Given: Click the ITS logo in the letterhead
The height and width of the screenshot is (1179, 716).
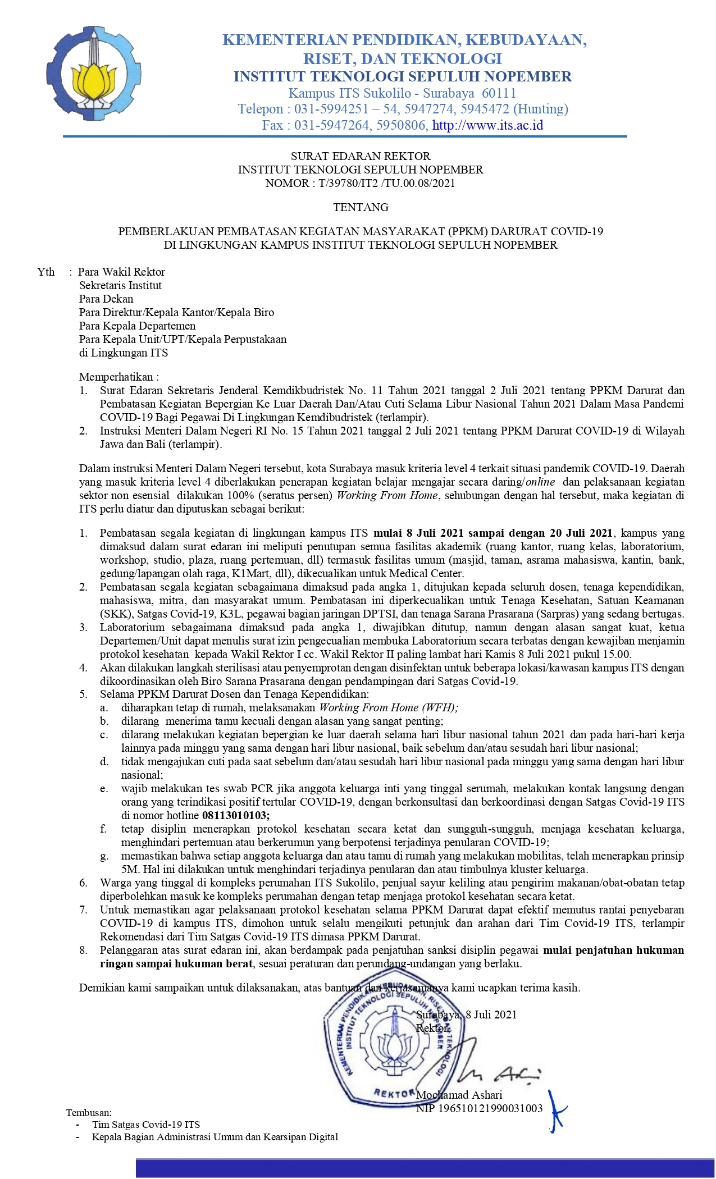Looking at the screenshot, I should tap(94, 74).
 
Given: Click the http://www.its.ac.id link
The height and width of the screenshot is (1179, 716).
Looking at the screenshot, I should tap(487, 125).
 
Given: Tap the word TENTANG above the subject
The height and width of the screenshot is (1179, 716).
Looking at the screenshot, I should tap(361, 207).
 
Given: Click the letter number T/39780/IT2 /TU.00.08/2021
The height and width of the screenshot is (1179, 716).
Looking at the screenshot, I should tap(386, 183).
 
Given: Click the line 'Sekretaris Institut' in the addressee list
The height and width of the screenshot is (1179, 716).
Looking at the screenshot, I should tap(120, 285).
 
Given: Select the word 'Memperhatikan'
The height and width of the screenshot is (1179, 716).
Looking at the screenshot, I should tap(116, 377).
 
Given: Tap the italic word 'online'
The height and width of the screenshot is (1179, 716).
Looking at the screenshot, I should tap(540, 482).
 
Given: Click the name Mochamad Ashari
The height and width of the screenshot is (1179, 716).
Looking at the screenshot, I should tap(459, 1095).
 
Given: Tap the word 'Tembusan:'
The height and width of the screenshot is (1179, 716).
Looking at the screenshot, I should tap(89, 1112).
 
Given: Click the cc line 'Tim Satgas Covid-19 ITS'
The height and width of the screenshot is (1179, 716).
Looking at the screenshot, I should tap(146, 1125).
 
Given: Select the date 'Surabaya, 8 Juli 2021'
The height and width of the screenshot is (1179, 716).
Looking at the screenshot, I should tap(466, 1015).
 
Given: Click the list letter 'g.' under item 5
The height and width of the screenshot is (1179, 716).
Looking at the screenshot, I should tap(104, 856).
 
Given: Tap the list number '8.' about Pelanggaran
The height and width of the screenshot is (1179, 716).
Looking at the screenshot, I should tap(84, 950).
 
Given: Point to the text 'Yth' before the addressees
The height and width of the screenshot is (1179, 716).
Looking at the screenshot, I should tap(46, 272).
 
